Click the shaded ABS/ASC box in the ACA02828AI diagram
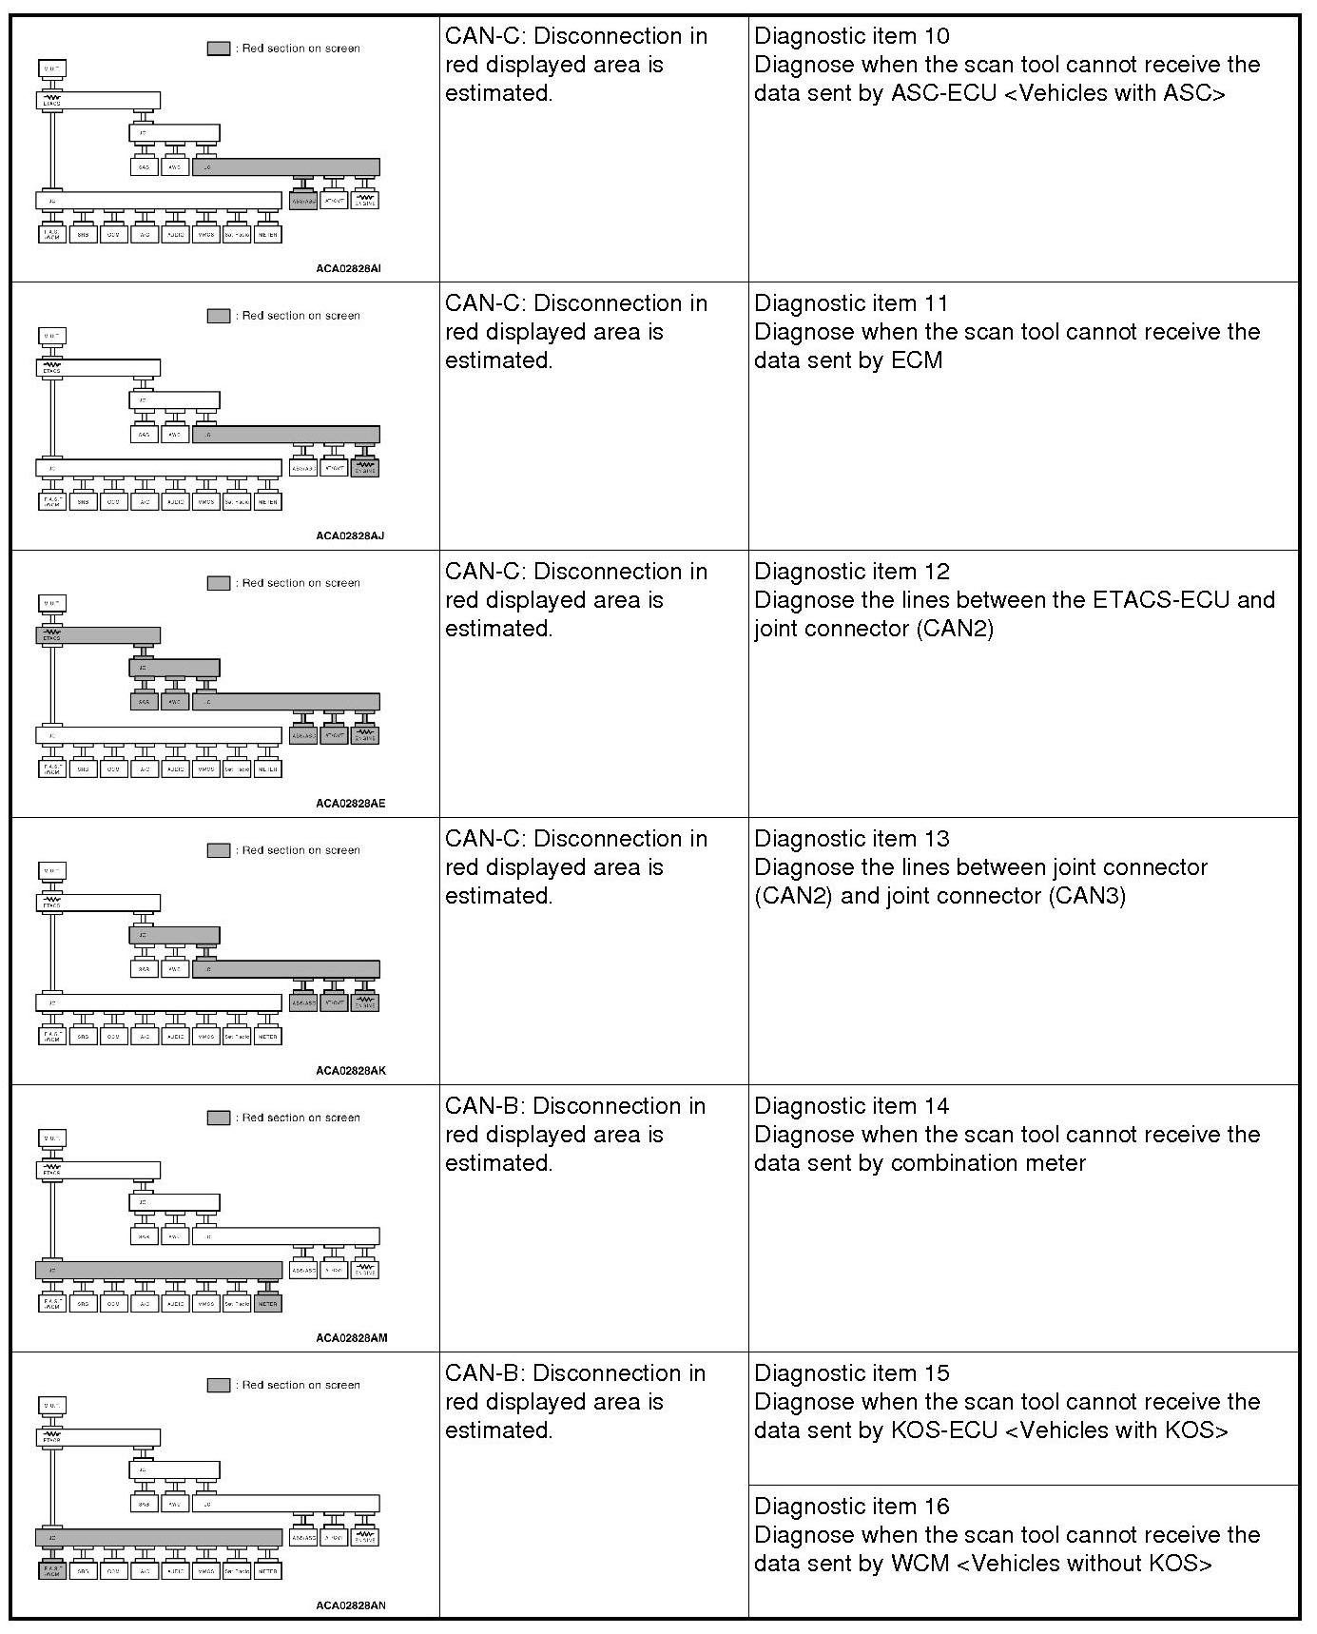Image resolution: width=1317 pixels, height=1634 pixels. [x=303, y=201]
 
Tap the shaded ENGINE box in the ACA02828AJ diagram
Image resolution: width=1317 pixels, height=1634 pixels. [x=365, y=468]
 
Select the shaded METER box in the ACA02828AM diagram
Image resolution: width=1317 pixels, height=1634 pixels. [x=268, y=1304]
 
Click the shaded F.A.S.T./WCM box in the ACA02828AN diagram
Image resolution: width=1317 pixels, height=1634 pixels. [x=52, y=1571]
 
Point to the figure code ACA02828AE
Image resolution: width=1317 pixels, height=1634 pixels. [x=351, y=803]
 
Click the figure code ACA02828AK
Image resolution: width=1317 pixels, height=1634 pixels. [x=351, y=1070]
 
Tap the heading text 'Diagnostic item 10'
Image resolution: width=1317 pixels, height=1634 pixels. [x=851, y=36]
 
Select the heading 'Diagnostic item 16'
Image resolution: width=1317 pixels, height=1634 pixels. [x=851, y=1507]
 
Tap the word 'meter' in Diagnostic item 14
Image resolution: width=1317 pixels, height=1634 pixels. [x=1056, y=1163]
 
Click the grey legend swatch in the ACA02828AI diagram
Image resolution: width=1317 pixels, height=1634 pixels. [x=219, y=49]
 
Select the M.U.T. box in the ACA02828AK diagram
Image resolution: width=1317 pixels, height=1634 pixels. [x=52, y=870]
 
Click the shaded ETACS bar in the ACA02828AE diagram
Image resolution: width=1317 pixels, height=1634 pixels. [x=98, y=635]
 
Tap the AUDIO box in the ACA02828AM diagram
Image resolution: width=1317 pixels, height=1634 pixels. [x=175, y=1304]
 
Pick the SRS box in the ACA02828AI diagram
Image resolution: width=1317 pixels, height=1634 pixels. [x=83, y=234]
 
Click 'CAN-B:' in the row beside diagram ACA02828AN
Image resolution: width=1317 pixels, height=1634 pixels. [x=484, y=1373]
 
